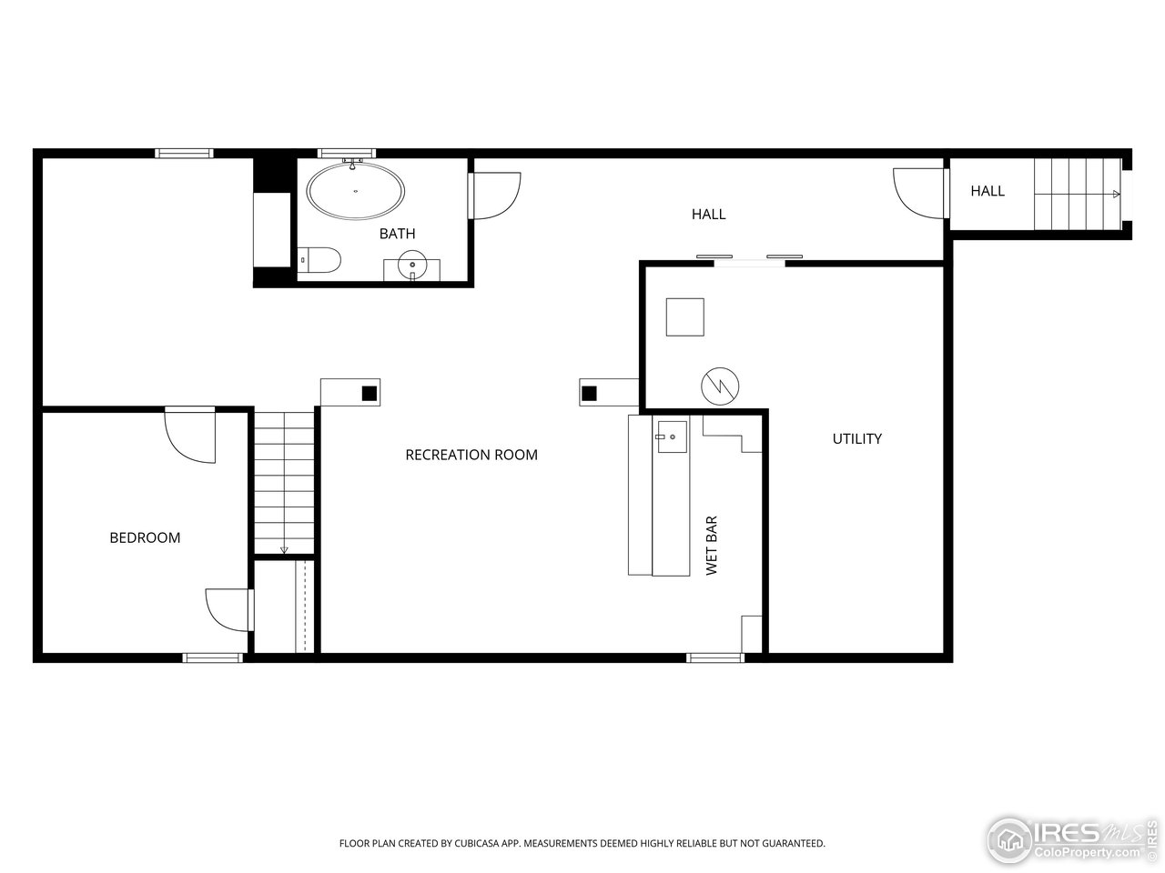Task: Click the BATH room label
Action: click(397, 234)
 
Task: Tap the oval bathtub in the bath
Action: click(355, 190)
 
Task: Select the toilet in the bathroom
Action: click(319, 260)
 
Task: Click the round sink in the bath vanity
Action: click(412, 265)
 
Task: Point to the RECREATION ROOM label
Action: click(471, 455)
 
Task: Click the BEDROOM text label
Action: click(145, 538)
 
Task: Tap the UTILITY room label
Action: click(856, 439)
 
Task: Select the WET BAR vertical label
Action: click(711, 546)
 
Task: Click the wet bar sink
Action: click(673, 437)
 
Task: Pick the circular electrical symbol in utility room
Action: click(720, 386)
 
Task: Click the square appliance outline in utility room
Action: click(685, 317)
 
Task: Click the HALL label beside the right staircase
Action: click(988, 191)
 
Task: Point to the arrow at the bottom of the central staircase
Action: click(284, 549)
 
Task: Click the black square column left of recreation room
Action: click(370, 393)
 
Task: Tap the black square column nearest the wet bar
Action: click(589, 393)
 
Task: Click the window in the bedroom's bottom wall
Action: click(213, 657)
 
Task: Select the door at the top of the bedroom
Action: click(190, 435)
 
